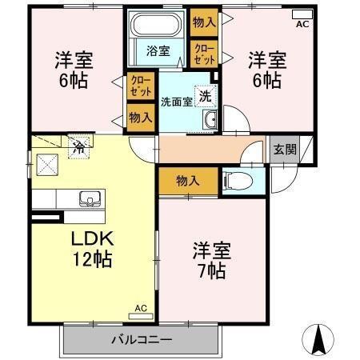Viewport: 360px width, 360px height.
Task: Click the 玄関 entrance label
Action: click(284, 149)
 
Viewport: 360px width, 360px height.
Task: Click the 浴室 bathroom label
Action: click(158, 51)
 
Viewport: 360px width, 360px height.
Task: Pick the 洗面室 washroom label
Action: click(175, 101)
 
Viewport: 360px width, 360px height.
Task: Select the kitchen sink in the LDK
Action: click(86, 197)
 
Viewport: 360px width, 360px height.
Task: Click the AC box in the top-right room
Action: click(302, 15)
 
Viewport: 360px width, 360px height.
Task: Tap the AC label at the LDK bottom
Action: click(141, 307)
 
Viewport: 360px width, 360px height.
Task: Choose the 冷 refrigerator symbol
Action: click(79, 147)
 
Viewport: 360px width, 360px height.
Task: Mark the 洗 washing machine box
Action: click(206, 94)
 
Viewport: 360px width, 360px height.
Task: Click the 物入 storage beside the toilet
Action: click(187, 181)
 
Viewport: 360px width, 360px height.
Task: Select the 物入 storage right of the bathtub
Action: click(203, 22)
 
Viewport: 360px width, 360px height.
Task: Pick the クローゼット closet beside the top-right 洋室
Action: click(203, 54)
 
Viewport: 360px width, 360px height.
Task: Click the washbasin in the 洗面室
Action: click(211, 120)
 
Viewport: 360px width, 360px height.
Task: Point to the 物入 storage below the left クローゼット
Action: click(140, 118)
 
